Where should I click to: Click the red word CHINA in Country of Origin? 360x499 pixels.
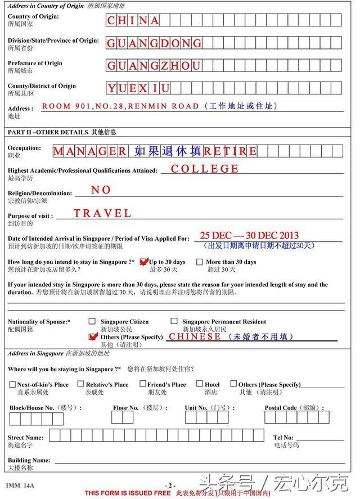tap(133, 21)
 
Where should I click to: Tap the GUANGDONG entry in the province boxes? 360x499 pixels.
tap(154, 43)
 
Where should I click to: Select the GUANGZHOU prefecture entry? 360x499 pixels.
tap(154, 66)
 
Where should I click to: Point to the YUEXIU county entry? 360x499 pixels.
tap(138, 88)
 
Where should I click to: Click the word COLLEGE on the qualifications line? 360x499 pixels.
tap(205, 169)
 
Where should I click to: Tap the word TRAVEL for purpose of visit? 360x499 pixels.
tap(102, 213)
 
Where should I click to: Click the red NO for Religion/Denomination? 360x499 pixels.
tap(101, 190)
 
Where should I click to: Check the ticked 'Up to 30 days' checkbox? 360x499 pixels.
tap(143, 262)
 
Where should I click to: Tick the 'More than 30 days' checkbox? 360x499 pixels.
tap(200, 262)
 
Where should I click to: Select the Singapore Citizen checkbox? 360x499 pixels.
tap(92, 321)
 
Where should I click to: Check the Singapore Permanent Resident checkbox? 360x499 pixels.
tap(174, 321)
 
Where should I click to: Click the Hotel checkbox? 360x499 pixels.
tap(200, 384)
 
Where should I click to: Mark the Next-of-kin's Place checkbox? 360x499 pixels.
tap(12, 384)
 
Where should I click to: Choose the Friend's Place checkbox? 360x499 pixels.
tap(143, 384)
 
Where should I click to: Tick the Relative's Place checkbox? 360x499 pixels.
tap(81, 384)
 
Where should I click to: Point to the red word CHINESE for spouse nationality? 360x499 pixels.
tap(195, 336)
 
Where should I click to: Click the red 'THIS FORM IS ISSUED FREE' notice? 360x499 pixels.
tap(127, 493)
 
